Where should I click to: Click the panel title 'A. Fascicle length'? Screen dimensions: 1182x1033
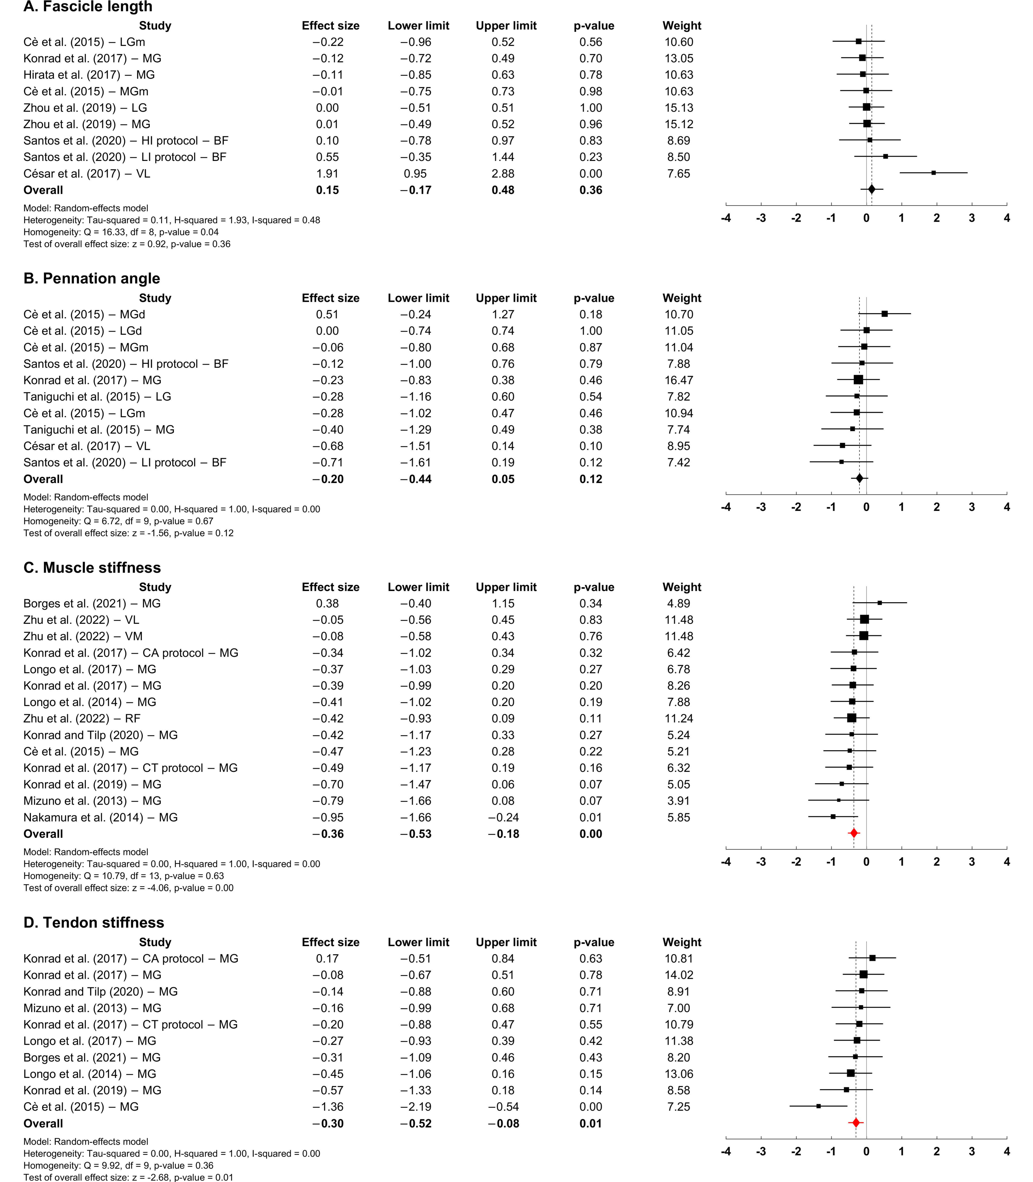pos(88,7)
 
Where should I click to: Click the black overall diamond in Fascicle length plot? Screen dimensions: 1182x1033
pos(872,189)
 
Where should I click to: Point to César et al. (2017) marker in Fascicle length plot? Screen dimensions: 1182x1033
pos(933,173)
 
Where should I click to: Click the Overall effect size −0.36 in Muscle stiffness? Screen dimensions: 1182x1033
pos(328,833)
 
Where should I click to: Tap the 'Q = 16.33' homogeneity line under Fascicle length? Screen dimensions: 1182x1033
pos(121,232)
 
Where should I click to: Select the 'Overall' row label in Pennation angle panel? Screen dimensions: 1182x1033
pos(43,479)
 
